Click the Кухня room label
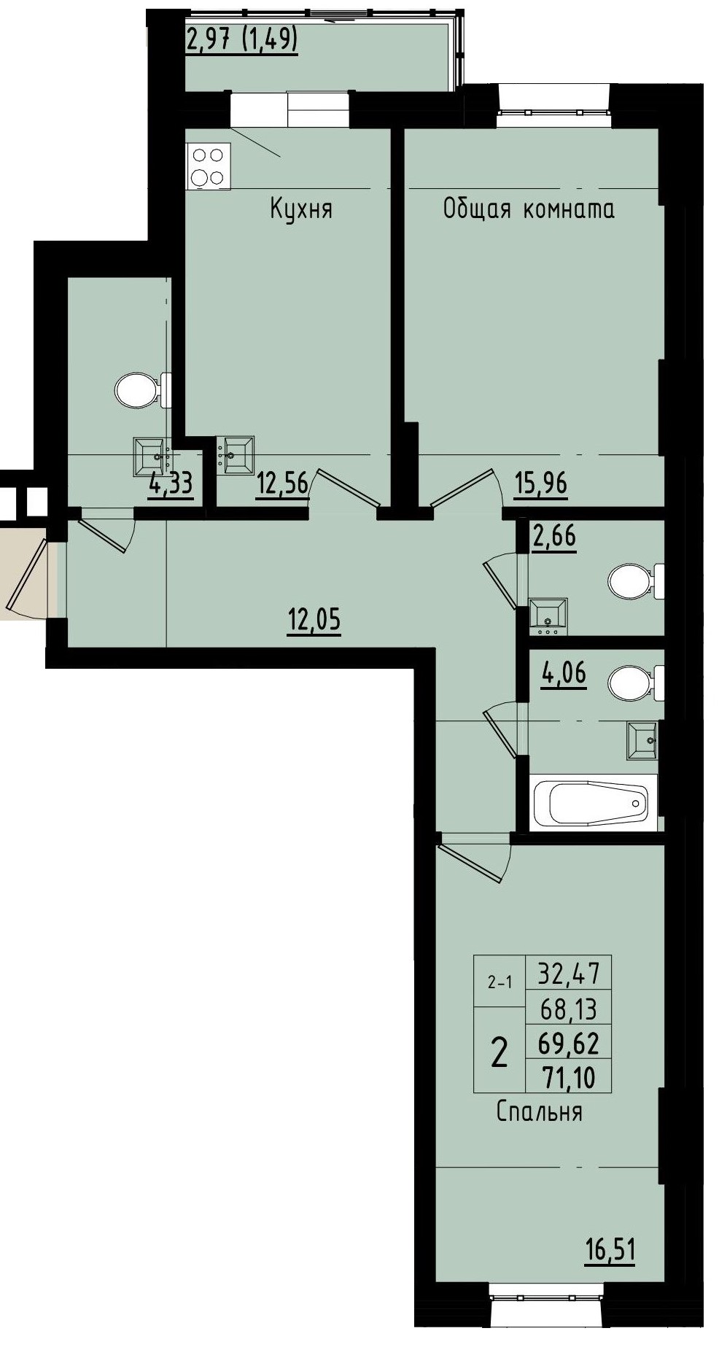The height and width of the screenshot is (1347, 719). [x=300, y=210]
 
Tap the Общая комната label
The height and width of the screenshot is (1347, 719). [x=528, y=209]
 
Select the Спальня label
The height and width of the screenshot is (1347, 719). [x=538, y=1111]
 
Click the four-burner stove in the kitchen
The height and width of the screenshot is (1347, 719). [x=208, y=166]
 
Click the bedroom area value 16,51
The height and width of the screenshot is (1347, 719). [x=610, y=1249]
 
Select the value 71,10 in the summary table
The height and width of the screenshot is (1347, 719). [x=567, y=1076]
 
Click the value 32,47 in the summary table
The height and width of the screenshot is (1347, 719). [x=568, y=973]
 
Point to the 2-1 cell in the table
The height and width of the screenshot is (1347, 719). [x=500, y=982]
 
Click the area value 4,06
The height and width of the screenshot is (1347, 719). [x=563, y=672]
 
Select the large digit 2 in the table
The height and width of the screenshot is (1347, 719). [x=500, y=1052]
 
